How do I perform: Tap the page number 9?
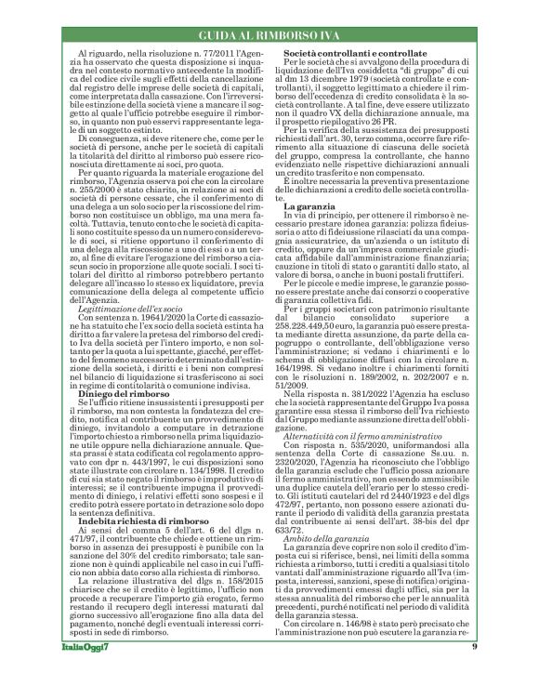(475, 673)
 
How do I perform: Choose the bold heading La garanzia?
(310, 230)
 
